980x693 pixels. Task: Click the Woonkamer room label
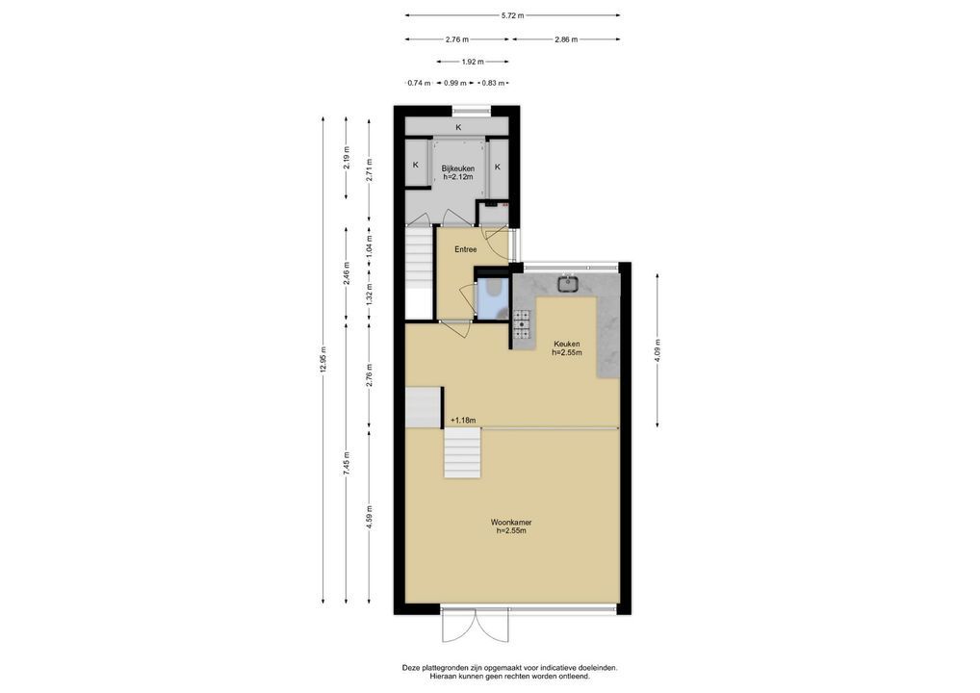[510, 523]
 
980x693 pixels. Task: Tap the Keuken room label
[567, 344]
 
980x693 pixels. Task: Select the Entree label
[466, 249]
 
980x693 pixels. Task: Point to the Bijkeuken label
[458, 168]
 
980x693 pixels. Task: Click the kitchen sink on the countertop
[568, 283]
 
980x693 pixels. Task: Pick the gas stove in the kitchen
[522, 325]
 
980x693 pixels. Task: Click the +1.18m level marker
[463, 421]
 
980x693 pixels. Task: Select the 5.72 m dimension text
[512, 15]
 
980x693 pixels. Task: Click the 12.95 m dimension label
[323, 359]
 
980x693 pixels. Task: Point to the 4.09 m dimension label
[657, 350]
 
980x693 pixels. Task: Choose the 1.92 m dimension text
[473, 62]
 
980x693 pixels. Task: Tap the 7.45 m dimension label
[347, 463]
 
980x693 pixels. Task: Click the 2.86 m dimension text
[566, 39]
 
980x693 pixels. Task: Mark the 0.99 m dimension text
[455, 83]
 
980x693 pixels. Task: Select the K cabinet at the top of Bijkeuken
[458, 127]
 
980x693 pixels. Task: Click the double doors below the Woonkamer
[476, 625]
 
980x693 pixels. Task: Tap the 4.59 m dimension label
[370, 517]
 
